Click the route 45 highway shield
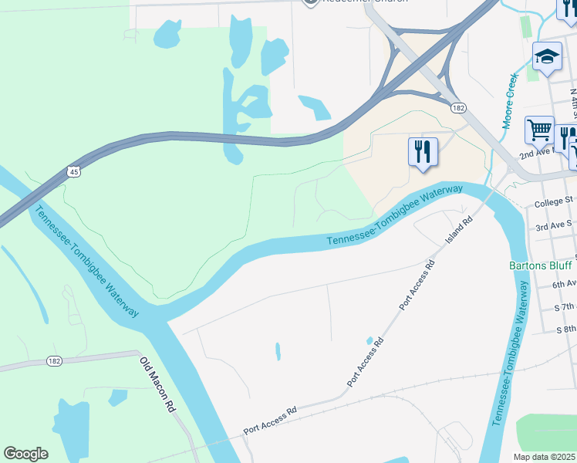click(74, 171)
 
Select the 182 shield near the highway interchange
click(459, 110)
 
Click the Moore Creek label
click(511, 100)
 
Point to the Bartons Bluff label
click(541, 266)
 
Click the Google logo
click(25, 454)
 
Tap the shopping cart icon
click(539, 130)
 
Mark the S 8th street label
click(566, 330)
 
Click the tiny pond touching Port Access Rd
click(370, 340)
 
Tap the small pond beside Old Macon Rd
click(117, 397)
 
